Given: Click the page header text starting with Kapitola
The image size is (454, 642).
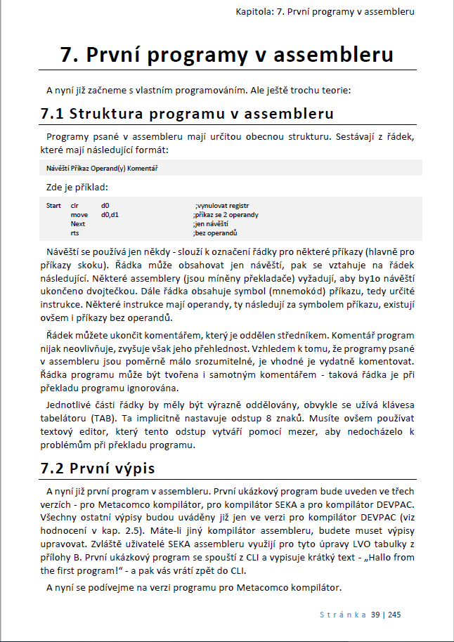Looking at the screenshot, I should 324,12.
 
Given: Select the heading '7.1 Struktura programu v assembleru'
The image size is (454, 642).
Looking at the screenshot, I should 187,113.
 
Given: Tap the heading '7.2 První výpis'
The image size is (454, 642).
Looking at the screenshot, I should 98,467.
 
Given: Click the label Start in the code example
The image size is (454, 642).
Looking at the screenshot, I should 53,205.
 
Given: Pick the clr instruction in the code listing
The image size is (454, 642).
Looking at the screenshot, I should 74,205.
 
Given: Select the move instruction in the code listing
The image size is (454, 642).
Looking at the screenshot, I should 79,214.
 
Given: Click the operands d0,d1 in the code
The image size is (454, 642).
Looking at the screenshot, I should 110,214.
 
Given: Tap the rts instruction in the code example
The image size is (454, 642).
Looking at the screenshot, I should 74,232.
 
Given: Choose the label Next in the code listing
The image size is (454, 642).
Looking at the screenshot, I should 77,223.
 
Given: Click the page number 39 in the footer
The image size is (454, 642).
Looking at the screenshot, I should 376,615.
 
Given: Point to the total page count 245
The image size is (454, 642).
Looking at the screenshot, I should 394,615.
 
